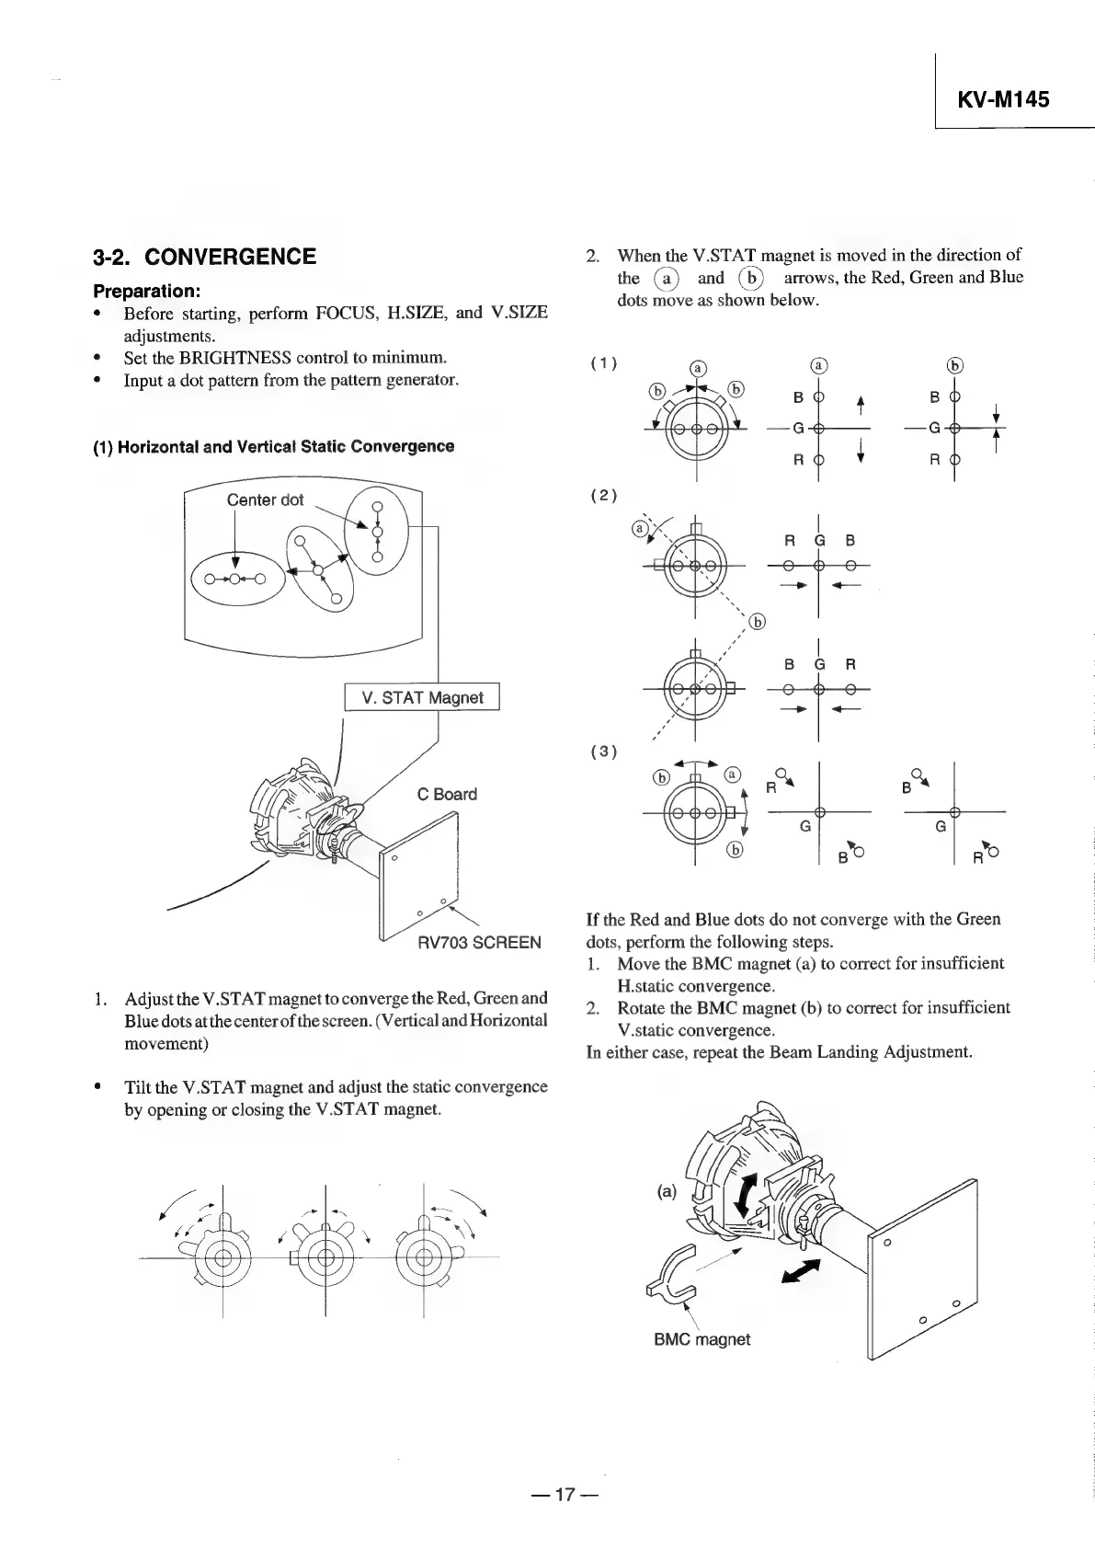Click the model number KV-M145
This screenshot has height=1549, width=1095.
coord(1003,99)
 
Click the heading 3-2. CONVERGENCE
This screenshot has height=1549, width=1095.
coord(205,257)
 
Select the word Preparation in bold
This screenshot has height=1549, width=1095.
coord(144,291)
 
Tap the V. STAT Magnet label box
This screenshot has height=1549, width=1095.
coord(422,697)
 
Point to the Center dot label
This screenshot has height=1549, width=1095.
coord(265,499)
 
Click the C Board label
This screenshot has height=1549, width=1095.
coord(447,794)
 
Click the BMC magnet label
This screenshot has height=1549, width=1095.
coord(701,1339)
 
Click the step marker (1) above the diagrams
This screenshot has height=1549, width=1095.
coord(603,362)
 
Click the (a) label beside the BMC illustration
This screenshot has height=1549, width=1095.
coord(667,1191)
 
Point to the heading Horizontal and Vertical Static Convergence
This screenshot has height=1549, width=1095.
coord(274,446)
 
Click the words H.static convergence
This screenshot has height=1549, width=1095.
coord(696,986)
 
